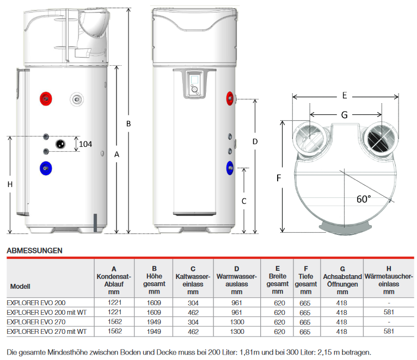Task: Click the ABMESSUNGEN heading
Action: (34, 251)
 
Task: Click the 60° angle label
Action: (364, 199)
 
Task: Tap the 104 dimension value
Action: (85, 144)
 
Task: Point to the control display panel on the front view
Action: (194, 85)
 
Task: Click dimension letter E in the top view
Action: (345, 95)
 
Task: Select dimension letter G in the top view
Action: (345, 114)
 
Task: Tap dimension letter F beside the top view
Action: (278, 178)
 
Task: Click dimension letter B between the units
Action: (128, 123)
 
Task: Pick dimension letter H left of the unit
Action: (10, 185)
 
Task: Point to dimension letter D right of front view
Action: (255, 141)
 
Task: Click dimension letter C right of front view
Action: (244, 201)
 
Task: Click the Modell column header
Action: (20, 286)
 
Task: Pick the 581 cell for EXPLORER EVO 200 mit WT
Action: (388, 313)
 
